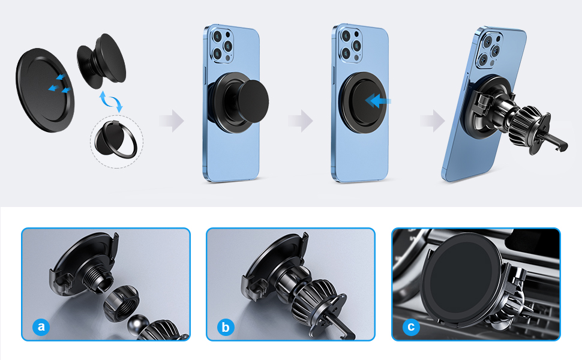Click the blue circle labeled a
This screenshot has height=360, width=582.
tap(41, 327)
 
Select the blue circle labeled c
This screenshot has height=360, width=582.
tap(411, 328)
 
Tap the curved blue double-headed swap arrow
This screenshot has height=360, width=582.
tap(112, 101)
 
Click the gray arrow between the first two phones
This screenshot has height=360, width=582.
tap(171, 121)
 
